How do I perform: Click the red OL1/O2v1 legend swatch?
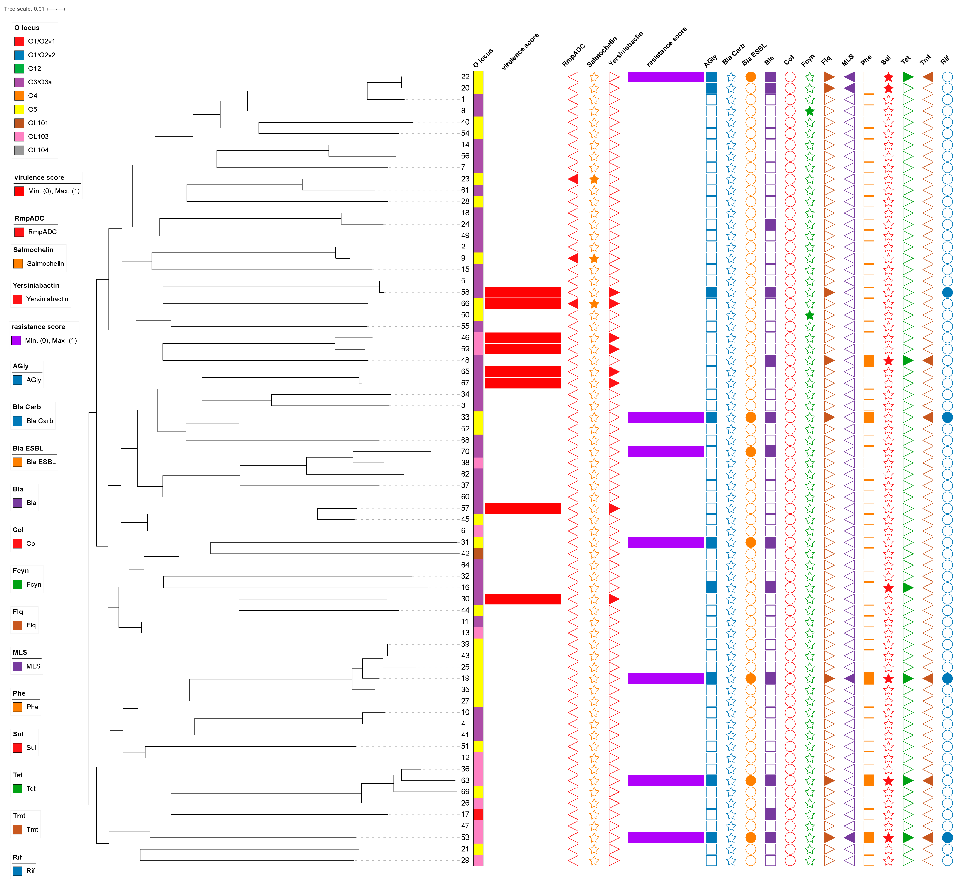(x=19, y=41)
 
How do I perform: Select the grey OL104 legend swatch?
(x=19, y=150)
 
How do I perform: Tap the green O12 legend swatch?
(x=19, y=68)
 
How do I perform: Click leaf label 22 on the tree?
(x=465, y=77)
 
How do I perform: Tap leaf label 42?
(x=465, y=554)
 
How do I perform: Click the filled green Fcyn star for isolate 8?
(x=810, y=111)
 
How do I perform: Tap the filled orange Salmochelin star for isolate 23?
(x=594, y=179)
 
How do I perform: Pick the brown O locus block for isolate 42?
(x=478, y=554)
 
